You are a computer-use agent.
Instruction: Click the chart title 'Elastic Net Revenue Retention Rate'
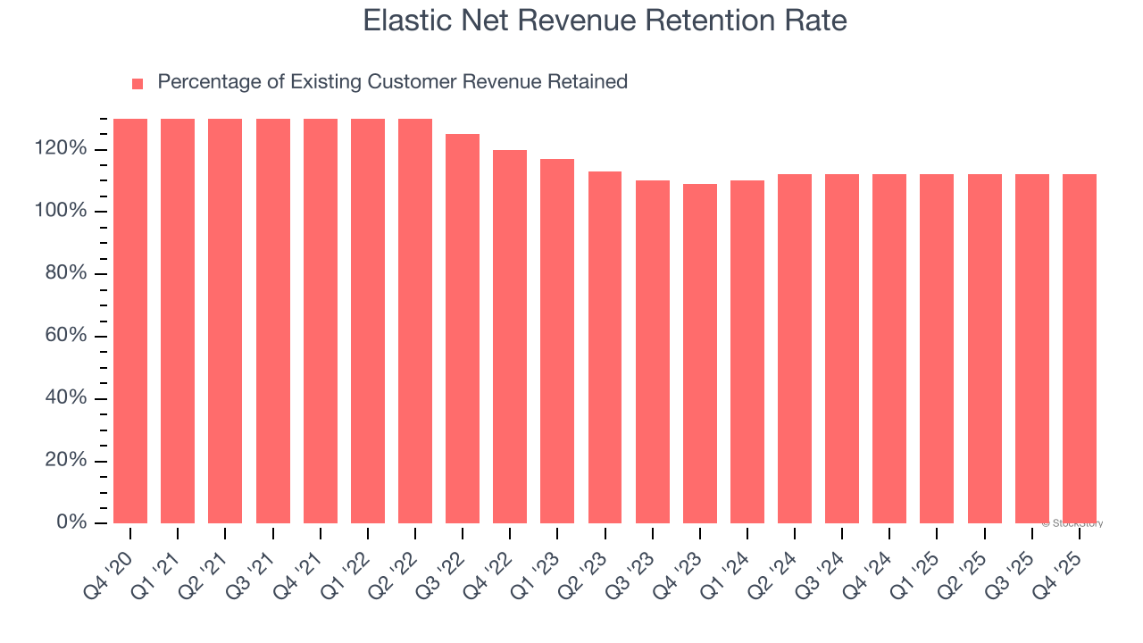[605, 21]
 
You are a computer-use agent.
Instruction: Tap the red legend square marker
[138, 84]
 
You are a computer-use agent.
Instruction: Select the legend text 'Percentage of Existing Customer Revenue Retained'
[392, 82]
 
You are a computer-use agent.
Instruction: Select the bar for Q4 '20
[130, 321]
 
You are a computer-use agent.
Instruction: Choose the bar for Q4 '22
[510, 337]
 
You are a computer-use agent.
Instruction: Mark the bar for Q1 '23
[557, 341]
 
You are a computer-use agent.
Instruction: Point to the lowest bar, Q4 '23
[700, 354]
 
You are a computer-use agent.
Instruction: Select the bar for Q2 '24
[795, 348]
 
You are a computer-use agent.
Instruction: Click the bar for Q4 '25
[1080, 348]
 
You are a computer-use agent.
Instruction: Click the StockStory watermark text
[1072, 523]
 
